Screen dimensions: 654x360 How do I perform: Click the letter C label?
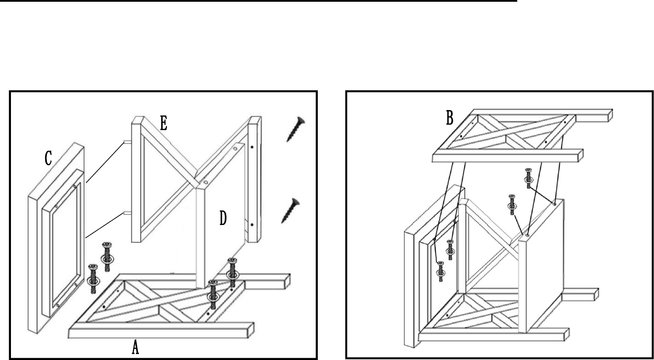[48, 159]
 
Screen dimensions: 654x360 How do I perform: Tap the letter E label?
[163, 123]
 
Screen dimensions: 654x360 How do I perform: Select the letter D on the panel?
[223, 218]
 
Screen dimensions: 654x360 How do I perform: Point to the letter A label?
[135, 348]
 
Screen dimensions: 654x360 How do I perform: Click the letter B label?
[450, 118]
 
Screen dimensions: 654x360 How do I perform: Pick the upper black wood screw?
[295, 129]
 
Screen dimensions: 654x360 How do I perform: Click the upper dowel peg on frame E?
[127, 142]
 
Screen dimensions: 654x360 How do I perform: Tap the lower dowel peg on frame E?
[127, 213]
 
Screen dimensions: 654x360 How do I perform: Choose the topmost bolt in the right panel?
[528, 178]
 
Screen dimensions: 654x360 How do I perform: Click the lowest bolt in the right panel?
[441, 271]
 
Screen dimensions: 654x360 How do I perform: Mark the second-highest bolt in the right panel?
[512, 205]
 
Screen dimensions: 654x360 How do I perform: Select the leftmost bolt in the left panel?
[93, 278]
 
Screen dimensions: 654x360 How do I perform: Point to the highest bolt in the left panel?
[107, 257]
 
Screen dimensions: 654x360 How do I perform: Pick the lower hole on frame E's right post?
[252, 224]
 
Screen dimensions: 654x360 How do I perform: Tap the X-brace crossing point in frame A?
[159, 306]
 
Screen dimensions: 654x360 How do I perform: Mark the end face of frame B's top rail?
[610, 115]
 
